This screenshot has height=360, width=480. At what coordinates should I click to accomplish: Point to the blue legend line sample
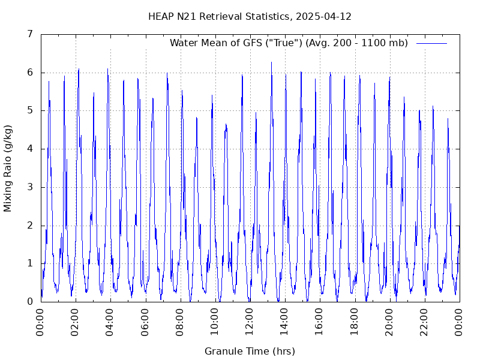tap(431, 43)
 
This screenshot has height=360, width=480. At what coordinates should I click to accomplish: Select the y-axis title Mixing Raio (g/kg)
tap(8, 168)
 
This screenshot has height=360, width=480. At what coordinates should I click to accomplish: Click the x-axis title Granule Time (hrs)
tap(250, 352)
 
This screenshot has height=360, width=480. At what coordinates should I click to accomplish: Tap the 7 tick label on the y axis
tap(29, 34)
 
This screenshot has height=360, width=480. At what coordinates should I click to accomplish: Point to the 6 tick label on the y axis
tap(29, 73)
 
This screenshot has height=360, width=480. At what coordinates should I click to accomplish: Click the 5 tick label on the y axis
tap(29, 110)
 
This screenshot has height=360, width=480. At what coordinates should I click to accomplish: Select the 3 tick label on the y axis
tap(29, 187)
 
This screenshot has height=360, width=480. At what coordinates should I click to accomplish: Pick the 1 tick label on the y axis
tap(29, 263)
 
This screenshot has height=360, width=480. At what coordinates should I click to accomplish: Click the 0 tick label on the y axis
tap(29, 302)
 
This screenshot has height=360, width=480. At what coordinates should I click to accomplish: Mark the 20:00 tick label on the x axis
tap(389, 323)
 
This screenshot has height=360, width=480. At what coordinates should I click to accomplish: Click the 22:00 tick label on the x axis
tap(424, 323)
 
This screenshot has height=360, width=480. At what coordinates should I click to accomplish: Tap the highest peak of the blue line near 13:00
tap(271, 62)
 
